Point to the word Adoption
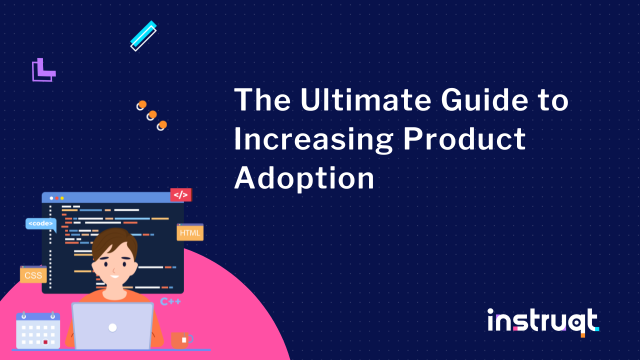click(x=304, y=178)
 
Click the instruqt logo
click(x=543, y=321)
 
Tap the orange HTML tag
click(x=190, y=232)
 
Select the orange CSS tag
click(x=33, y=274)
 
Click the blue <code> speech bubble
click(x=40, y=224)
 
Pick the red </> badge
click(x=180, y=194)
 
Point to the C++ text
click(x=170, y=301)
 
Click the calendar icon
click(x=38, y=330)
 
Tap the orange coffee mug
click(x=181, y=340)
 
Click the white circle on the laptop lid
click(x=112, y=327)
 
